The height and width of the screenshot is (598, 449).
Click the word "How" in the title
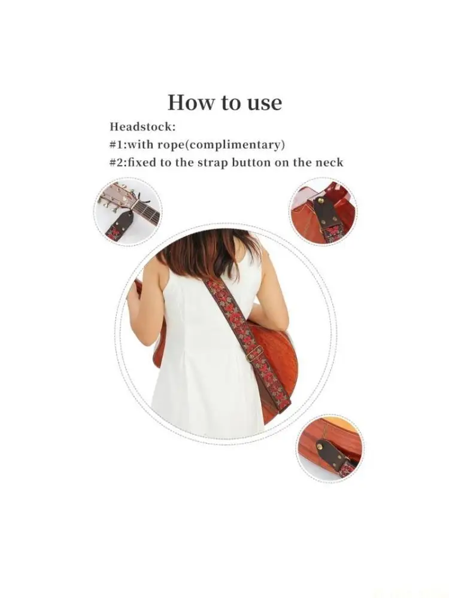[187, 102]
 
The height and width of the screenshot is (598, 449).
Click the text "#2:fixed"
[131, 163]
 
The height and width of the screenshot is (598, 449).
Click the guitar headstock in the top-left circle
[117, 197]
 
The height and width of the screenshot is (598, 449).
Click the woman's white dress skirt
[204, 389]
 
